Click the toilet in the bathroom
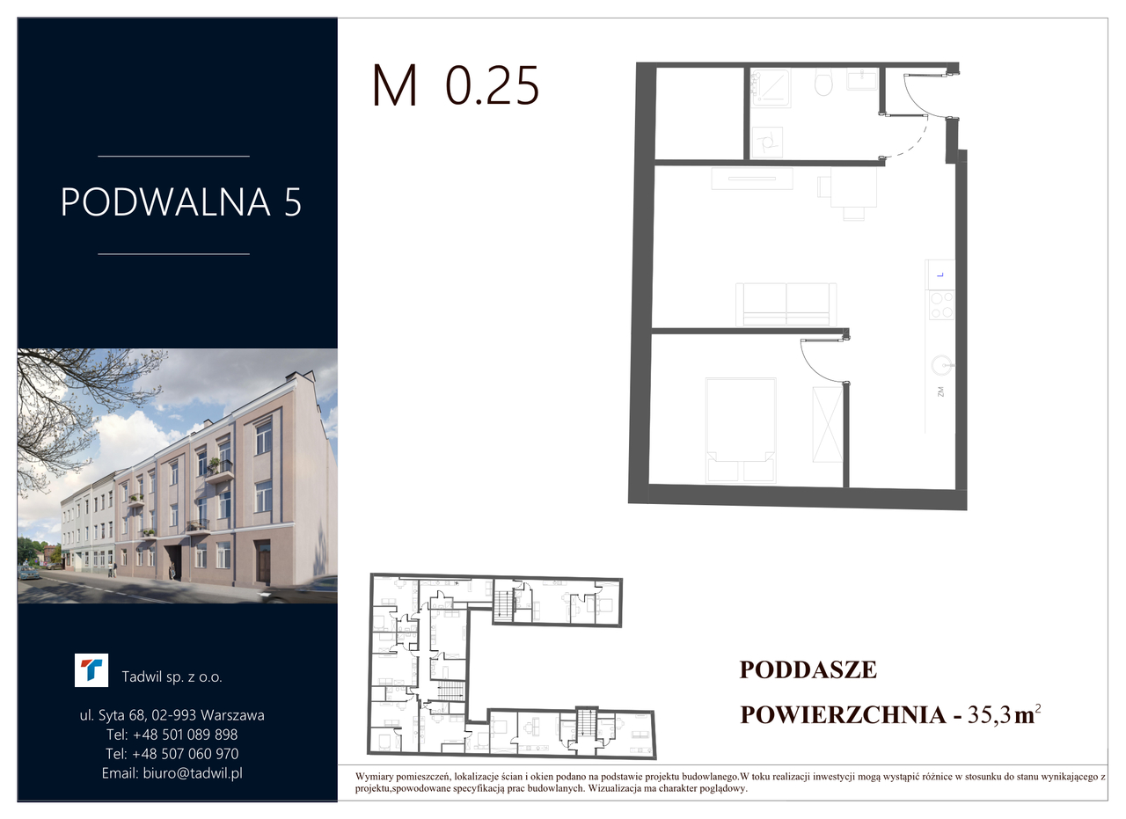tap(823, 82)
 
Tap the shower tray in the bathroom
tap(770, 87)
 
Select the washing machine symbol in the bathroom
tap(767, 143)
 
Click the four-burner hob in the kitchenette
tap(941, 305)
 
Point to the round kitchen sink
tap(941, 365)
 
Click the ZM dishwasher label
tap(940, 391)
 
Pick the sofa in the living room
tap(786, 304)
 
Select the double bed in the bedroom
tap(741, 430)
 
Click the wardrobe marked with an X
tap(827, 424)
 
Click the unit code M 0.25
tap(456, 85)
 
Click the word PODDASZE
tap(808, 670)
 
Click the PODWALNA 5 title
tap(181, 202)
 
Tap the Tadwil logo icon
tap(91, 670)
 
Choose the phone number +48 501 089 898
tap(185, 735)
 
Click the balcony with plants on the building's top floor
tap(219, 469)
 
